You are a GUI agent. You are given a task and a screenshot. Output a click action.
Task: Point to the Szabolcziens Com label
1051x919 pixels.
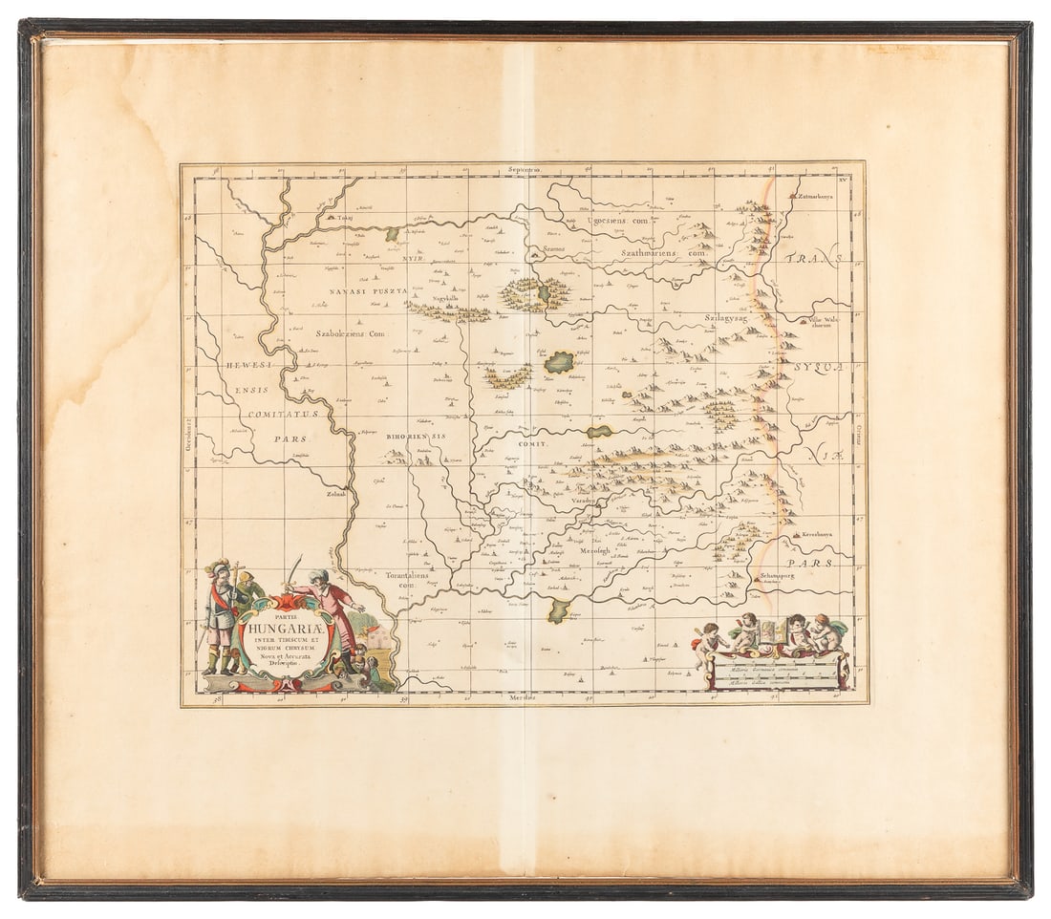tap(350, 334)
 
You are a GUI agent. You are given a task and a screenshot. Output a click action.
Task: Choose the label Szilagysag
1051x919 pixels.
tap(728, 316)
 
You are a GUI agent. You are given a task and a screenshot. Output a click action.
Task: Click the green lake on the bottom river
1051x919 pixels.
tap(559, 610)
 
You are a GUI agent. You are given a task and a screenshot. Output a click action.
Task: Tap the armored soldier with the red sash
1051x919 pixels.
tap(221, 616)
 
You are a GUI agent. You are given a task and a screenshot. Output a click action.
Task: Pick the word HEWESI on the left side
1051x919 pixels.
tap(249, 365)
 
